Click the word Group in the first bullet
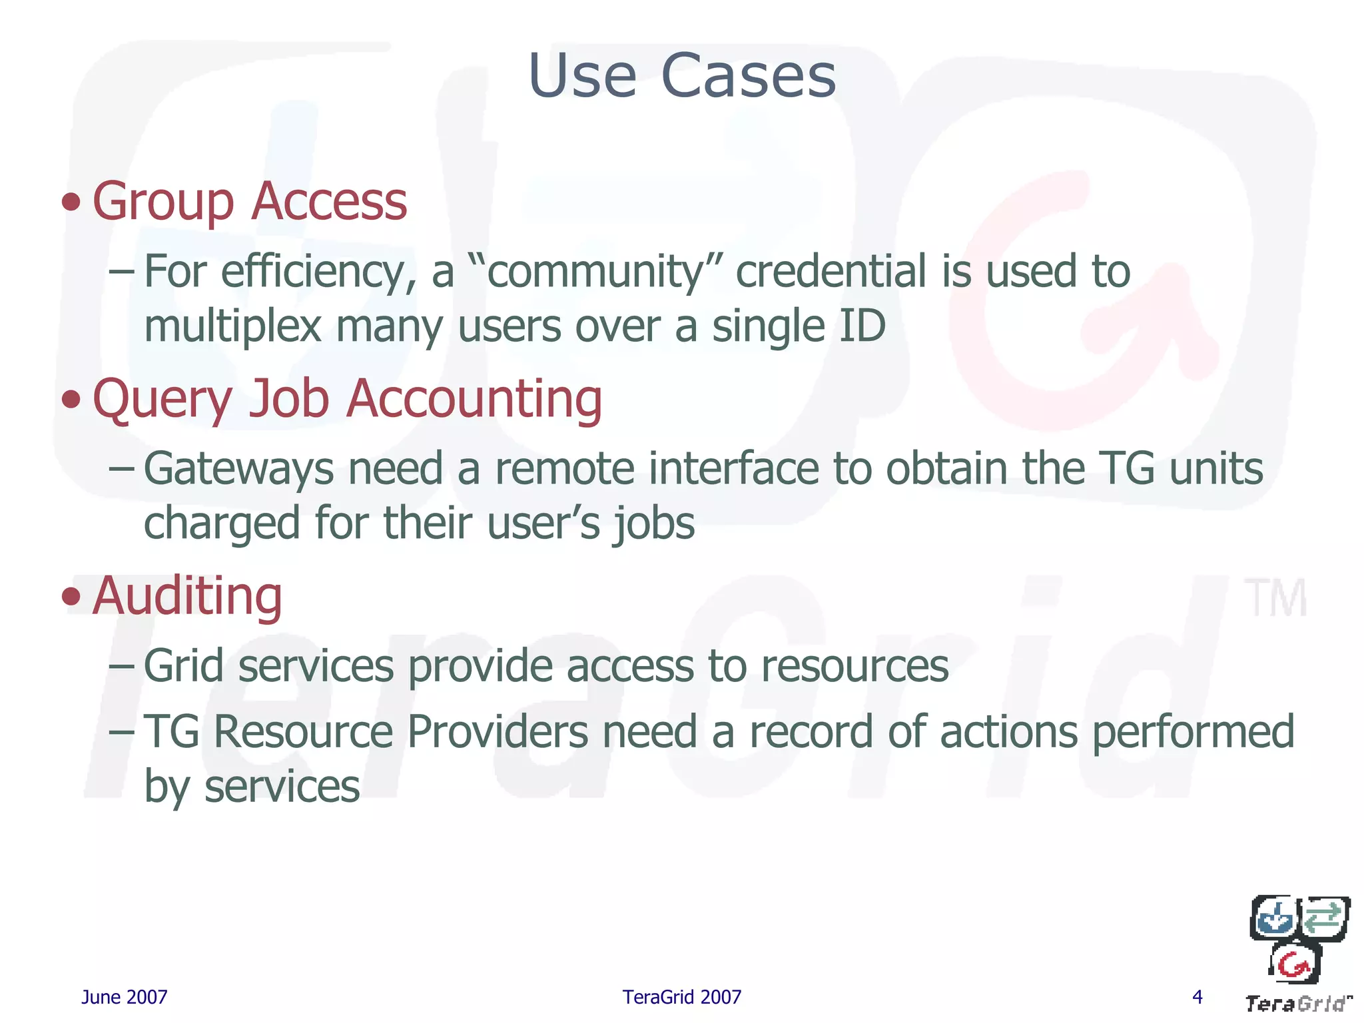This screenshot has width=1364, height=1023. click(163, 202)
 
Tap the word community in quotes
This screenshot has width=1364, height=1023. click(595, 272)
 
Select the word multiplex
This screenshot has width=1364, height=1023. click(232, 327)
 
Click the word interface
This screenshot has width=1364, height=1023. click(733, 468)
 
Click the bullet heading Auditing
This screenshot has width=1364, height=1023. click(187, 595)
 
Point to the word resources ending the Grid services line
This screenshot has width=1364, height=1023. click(854, 665)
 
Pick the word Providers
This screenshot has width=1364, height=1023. click(497, 731)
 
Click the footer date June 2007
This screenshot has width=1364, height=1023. click(124, 997)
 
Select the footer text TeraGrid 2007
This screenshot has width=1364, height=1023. click(681, 997)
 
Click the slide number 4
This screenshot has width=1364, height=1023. click(1197, 997)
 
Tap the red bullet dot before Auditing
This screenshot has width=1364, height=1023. click(71, 596)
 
